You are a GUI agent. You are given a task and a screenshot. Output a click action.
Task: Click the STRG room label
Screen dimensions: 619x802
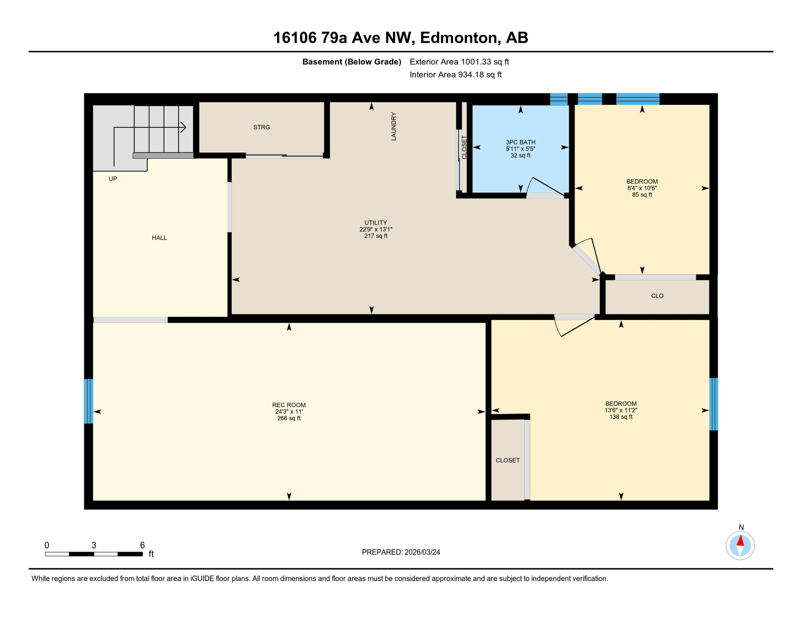point(261,127)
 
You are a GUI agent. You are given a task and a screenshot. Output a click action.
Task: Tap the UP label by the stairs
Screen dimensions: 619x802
point(113,179)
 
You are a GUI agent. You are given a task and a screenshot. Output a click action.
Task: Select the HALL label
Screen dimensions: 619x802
point(159,238)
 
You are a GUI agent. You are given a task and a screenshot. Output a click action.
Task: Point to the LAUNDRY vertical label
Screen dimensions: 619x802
point(394,127)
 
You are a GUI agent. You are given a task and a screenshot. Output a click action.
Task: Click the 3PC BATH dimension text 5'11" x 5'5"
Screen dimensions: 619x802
point(520,149)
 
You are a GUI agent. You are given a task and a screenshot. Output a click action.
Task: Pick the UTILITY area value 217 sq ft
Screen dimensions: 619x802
point(376,236)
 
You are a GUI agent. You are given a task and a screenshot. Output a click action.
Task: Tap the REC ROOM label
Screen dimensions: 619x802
point(289,405)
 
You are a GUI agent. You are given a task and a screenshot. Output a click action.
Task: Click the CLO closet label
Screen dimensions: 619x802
point(657,296)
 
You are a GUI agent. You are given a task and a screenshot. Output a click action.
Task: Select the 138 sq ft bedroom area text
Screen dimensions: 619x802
point(621,417)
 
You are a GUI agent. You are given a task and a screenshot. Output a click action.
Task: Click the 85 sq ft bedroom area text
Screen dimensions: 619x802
point(642,195)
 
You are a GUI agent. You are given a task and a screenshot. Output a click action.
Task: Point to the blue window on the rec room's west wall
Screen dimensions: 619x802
point(89,401)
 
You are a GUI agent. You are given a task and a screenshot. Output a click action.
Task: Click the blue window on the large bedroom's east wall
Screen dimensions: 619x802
point(713,404)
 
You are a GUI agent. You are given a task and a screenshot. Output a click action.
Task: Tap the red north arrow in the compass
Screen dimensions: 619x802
point(740,541)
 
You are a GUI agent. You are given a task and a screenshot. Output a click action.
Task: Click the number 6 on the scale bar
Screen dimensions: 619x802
point(142,545)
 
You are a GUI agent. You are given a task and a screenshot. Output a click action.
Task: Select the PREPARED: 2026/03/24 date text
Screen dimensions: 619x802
point(401,553)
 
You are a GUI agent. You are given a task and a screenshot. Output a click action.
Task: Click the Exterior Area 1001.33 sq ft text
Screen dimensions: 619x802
point(459,62)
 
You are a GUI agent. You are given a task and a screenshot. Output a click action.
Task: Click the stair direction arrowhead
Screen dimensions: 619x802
point(184,128)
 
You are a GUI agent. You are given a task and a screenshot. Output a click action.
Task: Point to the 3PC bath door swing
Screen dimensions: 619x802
point(545,187)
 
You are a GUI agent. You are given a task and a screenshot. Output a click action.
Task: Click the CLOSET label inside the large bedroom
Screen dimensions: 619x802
point(508,461)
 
